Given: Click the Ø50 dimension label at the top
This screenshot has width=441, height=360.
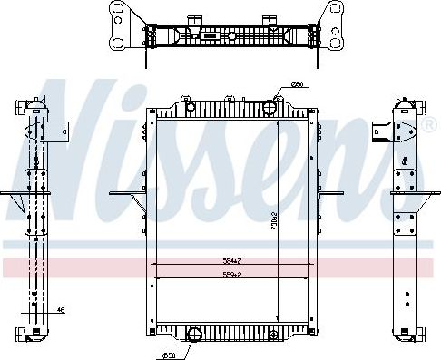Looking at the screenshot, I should pos(297,85).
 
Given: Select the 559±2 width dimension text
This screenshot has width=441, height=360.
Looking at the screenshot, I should pos(233,274).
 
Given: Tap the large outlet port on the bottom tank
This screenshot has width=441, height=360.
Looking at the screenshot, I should pos(193,335).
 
